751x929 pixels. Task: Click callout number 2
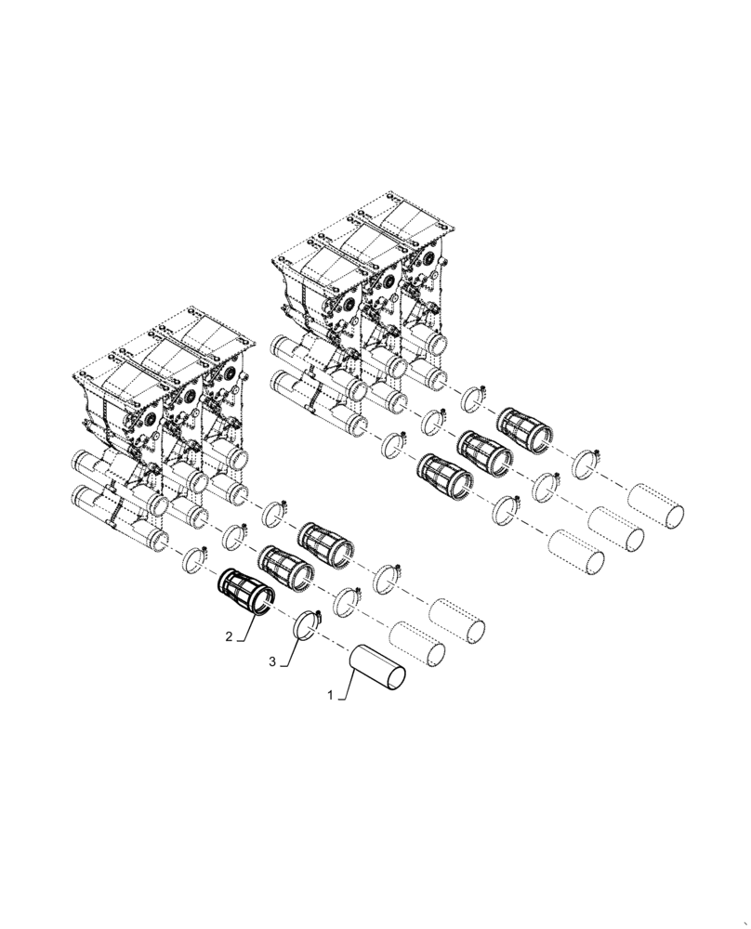227,637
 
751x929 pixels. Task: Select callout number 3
272,662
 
